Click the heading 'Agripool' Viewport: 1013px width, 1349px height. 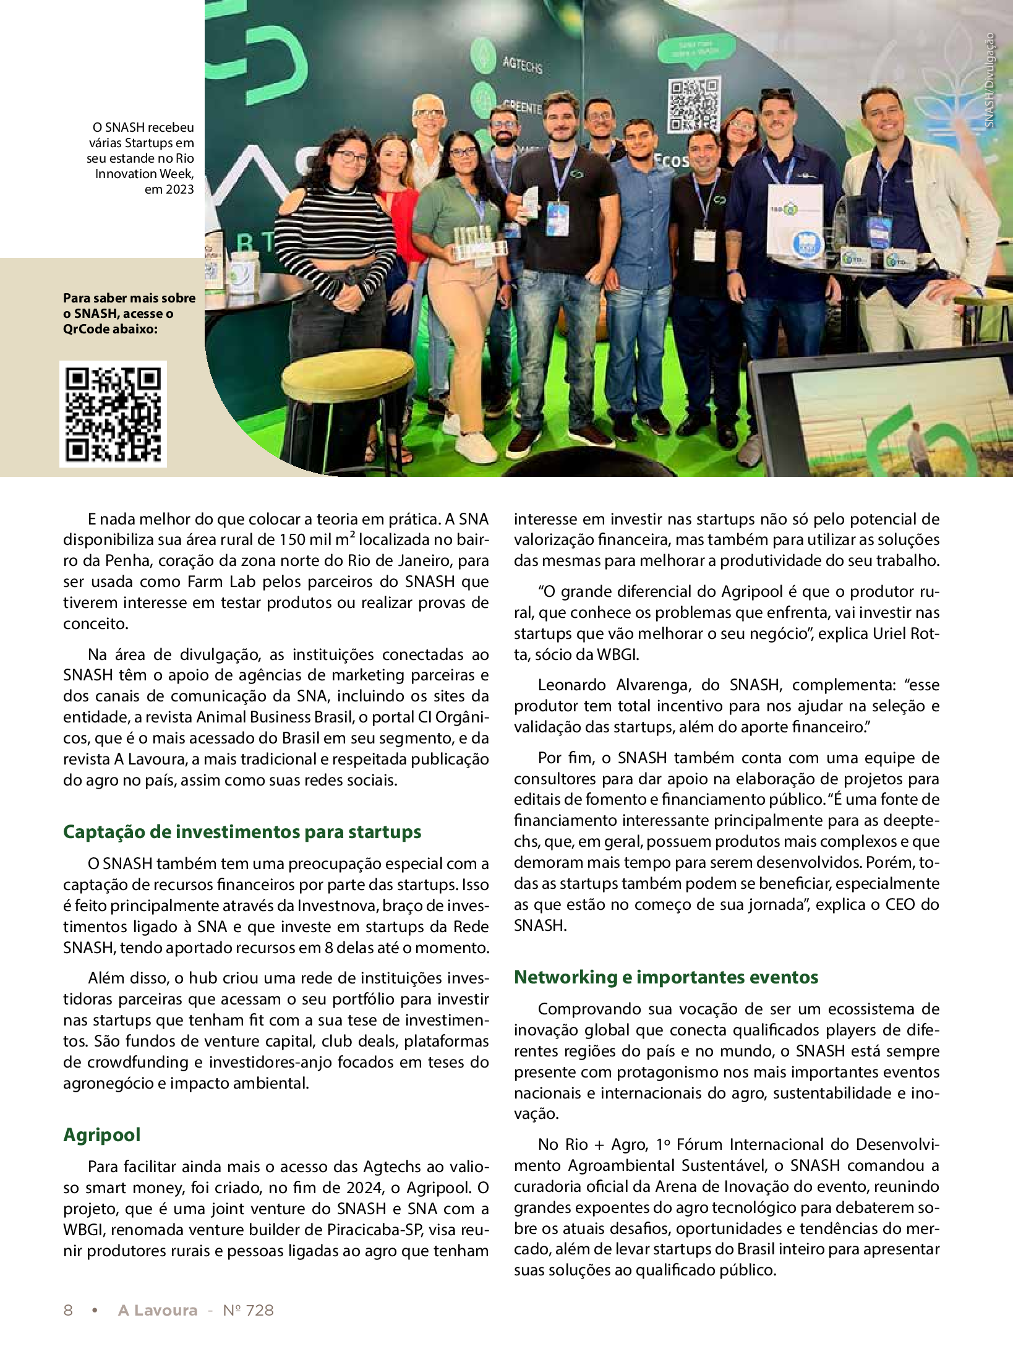tap(101, 1135)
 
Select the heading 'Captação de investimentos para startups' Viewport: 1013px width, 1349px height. tap(242, 832)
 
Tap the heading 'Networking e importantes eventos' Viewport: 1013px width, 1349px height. tap(666, 977)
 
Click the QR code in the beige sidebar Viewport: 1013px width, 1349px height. tap(113, 414)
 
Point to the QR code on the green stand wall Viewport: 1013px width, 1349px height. tap(694, 105)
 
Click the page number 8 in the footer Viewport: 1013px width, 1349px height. tap(68, 1310)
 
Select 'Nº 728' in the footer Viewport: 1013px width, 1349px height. tap(248, 1310)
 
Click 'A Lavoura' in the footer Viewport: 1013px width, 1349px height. tap(158, 1310)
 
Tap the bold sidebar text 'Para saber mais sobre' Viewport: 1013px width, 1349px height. tap(129, 298)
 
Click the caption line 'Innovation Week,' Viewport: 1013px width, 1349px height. tap(144, 174)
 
